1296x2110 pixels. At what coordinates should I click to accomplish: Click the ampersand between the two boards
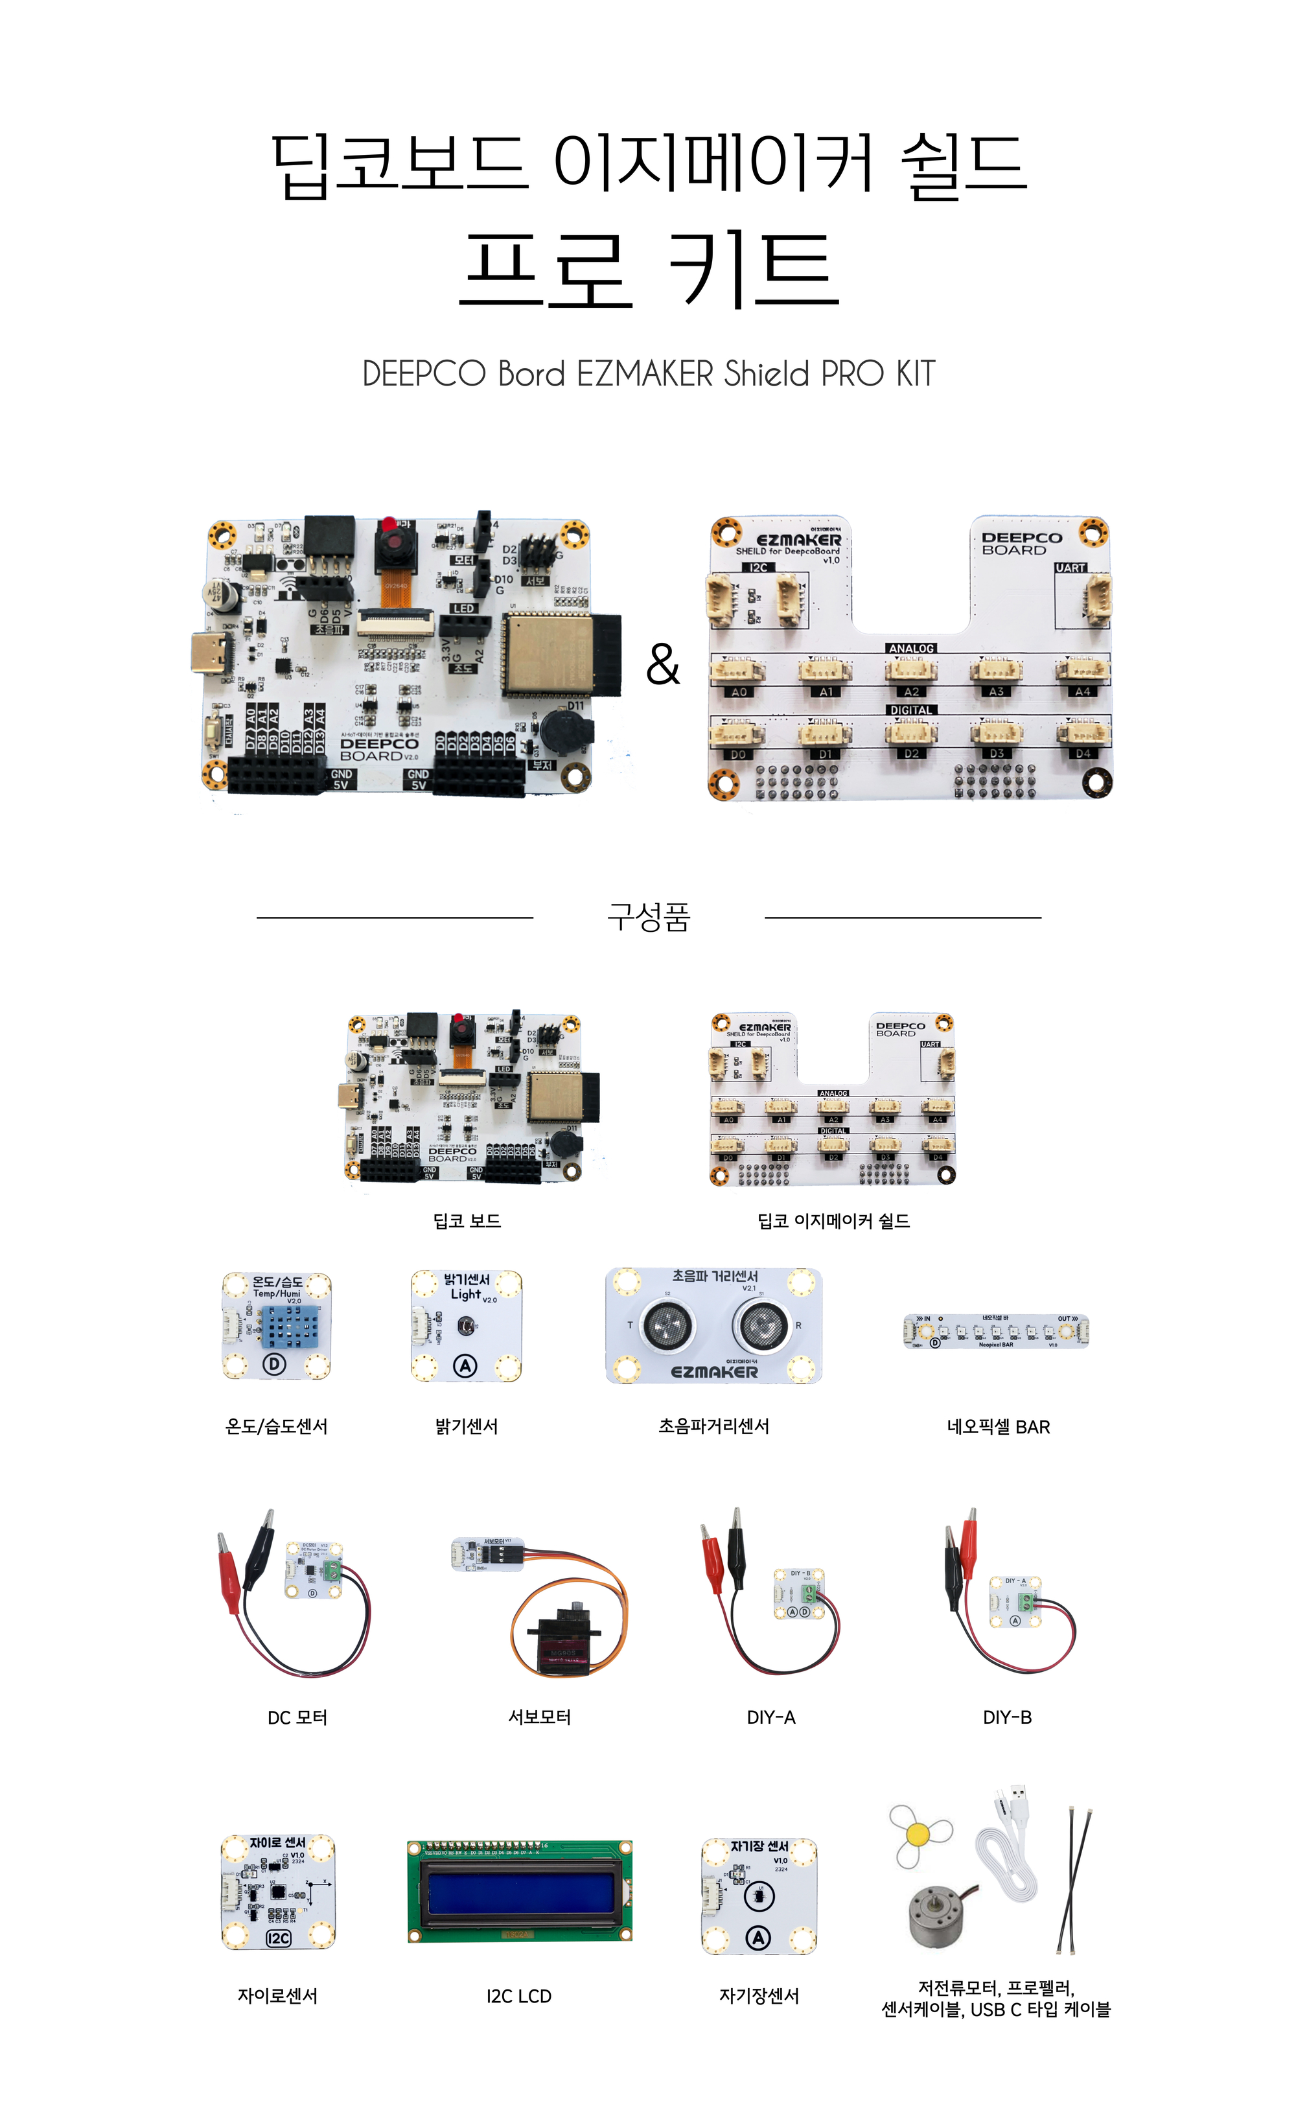click(x=662, y=664)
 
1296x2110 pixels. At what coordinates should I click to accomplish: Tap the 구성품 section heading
click(x=648, y=916)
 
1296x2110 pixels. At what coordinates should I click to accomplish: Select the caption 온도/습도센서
click(x=276, y=1426)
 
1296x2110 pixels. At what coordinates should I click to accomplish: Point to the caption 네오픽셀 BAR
click(x=998, y=1427)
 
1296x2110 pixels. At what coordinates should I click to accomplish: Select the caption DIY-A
click(x=770, y=1717)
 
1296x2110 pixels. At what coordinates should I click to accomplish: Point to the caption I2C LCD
click(x=518, y=1996)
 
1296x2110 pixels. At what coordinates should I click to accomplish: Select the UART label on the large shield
click(x=1070, y=567)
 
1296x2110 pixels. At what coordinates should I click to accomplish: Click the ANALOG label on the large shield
click(x=910, y=649)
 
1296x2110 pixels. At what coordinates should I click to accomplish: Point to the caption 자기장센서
click(x=759, y=1996)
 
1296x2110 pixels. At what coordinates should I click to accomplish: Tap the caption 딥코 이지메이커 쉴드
click(x=833, y=1220)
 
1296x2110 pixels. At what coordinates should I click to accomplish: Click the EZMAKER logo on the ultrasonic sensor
click(x=714, y=1372)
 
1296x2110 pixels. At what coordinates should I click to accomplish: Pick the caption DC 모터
click(x=297, y=1717)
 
